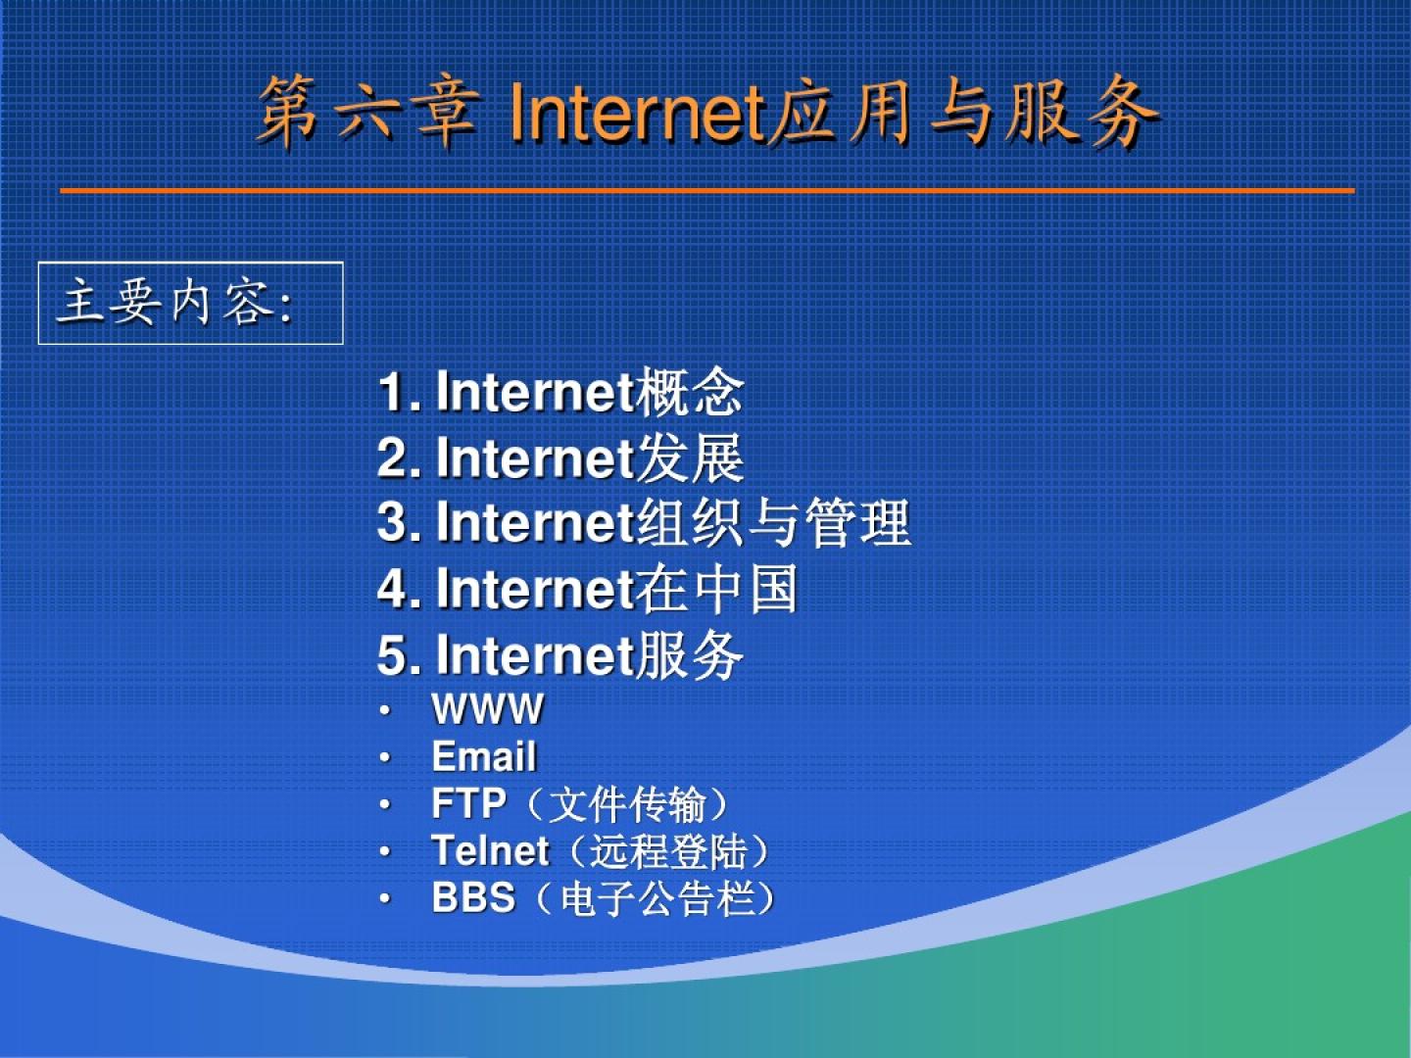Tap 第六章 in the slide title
[x=369, y=113]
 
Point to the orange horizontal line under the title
[x=707, y=191]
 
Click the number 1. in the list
[x=399, y=392]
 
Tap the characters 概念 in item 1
[x=690, y=391]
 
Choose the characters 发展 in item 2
[x=690, y=457]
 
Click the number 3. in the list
[x=399, y=522]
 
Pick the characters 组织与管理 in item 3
[x=773, y=522]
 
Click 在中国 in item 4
[x=716, y=589]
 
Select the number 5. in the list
[x=399, y=655]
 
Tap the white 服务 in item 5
[x=690, y=654]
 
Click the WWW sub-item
[x=488, y=709]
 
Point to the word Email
[x=484, y=756]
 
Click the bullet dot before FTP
[x=385, y=804]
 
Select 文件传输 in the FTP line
[x=628, y=804]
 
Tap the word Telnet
[x=491, y=850]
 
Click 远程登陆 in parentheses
[x=669, y=851]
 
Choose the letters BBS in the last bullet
[x=473, y=897]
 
